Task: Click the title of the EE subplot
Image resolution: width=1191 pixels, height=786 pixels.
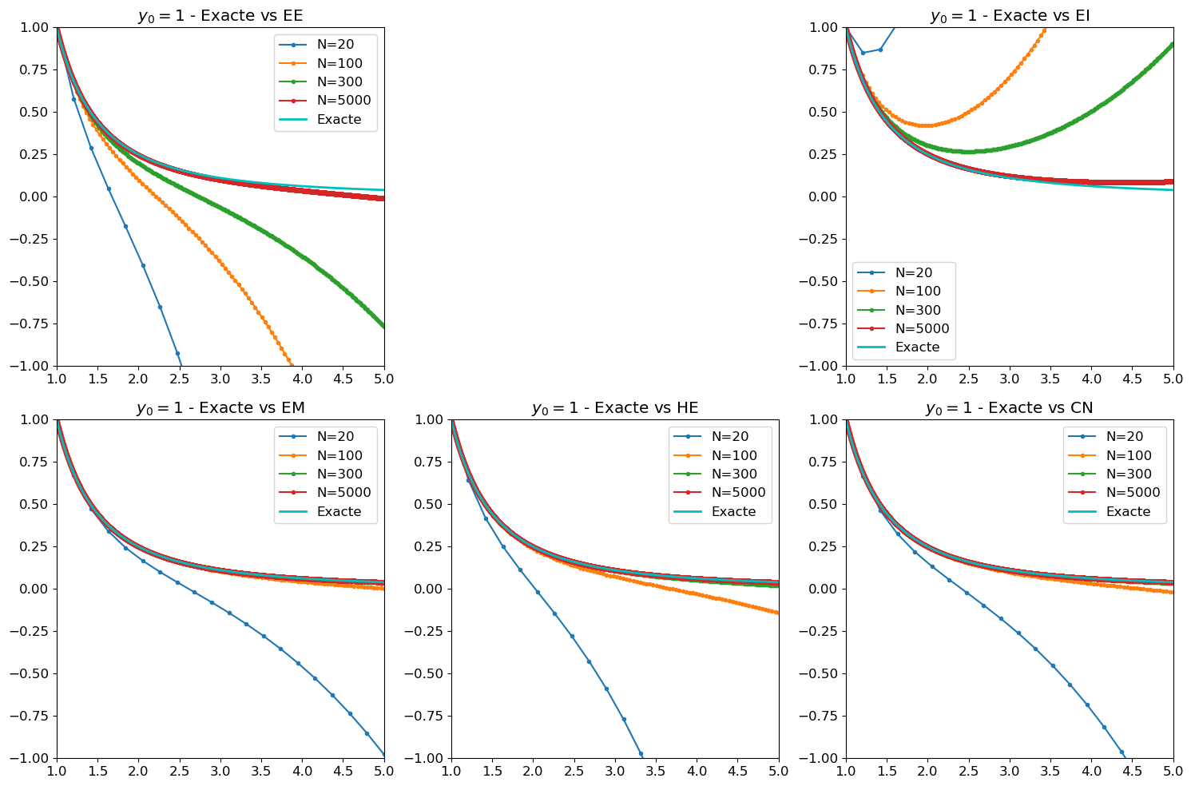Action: (x=220, y=16)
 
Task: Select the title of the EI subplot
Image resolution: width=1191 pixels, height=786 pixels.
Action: (x=1010, y=16)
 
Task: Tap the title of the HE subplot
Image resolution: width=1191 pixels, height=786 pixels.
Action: (x=614, y=408)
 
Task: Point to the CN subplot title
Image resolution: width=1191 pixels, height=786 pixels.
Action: (x=1009, y=408)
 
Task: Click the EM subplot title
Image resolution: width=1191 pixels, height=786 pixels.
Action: (x=220, y=408)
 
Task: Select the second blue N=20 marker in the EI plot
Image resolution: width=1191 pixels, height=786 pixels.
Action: (x=863, y=53)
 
